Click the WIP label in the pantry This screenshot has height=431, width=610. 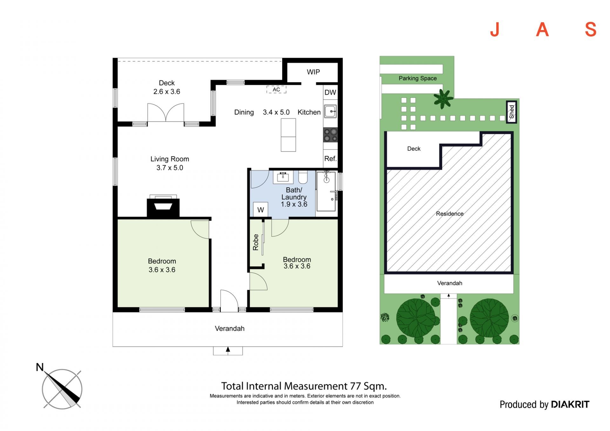point(313,72)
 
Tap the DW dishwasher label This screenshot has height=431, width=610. point(330,92)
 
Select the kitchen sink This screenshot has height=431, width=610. point(330,111)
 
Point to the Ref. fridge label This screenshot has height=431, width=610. point(330,158)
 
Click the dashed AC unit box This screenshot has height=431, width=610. point(276,90)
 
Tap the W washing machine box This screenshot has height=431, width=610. point(261,210)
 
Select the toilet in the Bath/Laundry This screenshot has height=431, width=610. point(303,177)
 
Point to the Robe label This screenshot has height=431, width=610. point(256,242)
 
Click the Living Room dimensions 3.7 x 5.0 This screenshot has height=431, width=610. point(170,168)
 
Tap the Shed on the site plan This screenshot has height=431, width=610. point(512,112)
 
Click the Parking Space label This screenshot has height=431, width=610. point(418,78)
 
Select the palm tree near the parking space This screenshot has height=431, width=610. point(443,99)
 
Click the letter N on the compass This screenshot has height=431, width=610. point(40,367)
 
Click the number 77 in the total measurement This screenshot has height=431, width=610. point(356,386)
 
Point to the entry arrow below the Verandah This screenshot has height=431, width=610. point(228,349)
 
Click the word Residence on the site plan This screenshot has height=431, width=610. point(450,214)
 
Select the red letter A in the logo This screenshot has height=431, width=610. point(542,30)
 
